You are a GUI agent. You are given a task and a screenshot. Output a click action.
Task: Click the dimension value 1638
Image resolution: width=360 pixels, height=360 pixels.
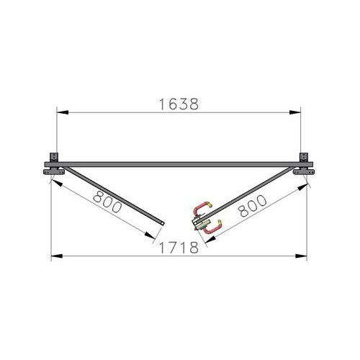179,104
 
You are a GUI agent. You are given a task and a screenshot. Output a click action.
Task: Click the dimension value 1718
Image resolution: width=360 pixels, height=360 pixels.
179,248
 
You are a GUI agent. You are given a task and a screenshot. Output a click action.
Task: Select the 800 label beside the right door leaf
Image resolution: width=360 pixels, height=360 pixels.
252,206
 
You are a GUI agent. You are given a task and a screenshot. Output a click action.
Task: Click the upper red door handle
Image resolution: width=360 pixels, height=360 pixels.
199,208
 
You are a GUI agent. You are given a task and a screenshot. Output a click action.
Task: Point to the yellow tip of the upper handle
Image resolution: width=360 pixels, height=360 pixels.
210,205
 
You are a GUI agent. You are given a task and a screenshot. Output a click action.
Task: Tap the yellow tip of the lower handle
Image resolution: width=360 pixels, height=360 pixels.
220,222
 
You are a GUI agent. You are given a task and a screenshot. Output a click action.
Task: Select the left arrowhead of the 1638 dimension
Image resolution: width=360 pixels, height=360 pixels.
63,112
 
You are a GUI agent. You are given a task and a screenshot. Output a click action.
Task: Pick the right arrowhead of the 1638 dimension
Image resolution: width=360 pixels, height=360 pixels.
295,112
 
